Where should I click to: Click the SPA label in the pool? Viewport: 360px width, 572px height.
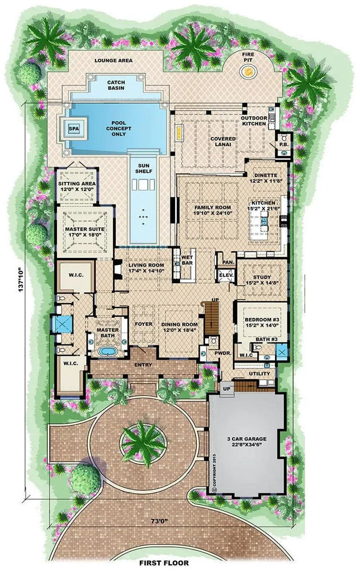click(73, 128)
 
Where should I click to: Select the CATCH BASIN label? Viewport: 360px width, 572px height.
click(116, 86)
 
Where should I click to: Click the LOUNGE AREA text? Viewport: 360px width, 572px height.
click(113, 60)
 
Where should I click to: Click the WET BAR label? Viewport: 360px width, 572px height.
click(187, 260)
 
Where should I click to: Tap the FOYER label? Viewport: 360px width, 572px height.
click(143, 323)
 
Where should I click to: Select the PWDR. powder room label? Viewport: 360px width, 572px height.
click(222, 354)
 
